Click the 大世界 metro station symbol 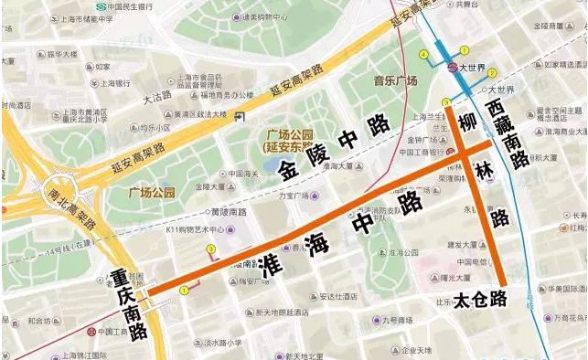click(452, 67)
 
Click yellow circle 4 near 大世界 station click(423, 55)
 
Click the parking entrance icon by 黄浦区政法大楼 click(239, 116)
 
